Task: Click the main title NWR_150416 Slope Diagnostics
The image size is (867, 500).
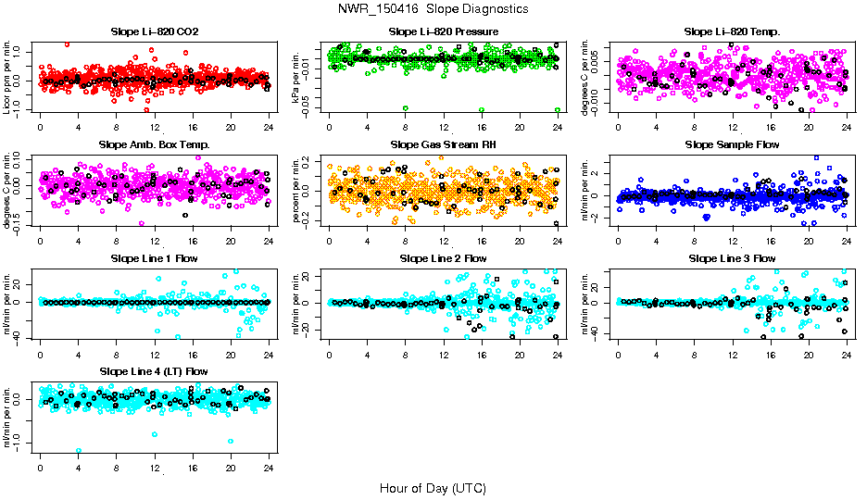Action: (x=433, y=8)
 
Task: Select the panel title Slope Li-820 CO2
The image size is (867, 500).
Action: (x=155, y=31)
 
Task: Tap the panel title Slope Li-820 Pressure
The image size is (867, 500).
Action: (x=443, y=31)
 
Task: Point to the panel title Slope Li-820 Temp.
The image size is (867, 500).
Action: (x=732, y=31)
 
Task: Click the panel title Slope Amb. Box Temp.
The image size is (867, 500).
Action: (x=155, y=144)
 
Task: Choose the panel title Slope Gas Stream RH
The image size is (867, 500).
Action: (x=443, y=144)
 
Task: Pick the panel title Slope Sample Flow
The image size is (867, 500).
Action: (x=732, y=144)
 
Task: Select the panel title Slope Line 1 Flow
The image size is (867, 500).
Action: (x=155, y=257)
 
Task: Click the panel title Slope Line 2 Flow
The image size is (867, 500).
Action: (x=443, y=257)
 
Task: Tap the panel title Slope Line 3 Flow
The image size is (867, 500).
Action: (x=732, y=257)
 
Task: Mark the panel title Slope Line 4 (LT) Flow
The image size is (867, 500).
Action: (x=155, y=370)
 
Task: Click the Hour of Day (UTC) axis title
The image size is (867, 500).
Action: (x=433, y=487)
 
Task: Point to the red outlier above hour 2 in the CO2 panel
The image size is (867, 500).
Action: (x=67, y=44)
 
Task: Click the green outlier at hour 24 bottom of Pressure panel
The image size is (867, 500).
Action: (x=558, y=109)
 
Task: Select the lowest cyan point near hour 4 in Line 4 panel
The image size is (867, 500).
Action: (x=79, y=451)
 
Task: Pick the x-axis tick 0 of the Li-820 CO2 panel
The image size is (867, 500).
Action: (x=41, y=127)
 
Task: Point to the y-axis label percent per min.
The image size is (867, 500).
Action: (x=297, y=191)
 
